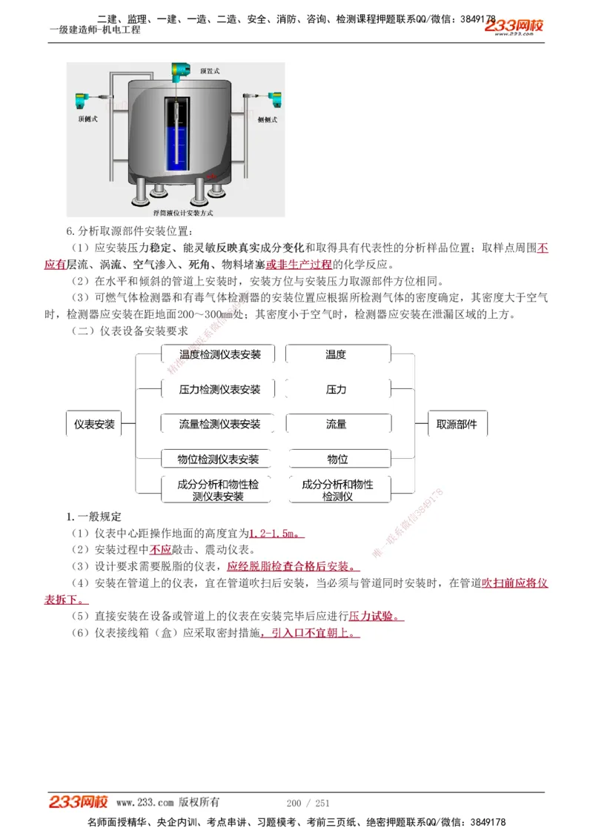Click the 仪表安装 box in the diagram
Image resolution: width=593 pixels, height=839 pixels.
pyautogui.click(x=94, y=425)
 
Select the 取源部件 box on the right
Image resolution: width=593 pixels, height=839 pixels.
pyautogui.click(x=457, y=425)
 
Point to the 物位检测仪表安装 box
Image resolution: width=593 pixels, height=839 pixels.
pyautogui.click(x=218, y=460)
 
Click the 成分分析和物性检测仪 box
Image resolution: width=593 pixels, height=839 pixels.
pyautogui.click(x=337, y=490)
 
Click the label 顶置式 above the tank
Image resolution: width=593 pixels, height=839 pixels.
pyautogui.click(x=210, y=71)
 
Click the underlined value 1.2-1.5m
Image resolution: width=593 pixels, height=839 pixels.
pyautogui.click(x=274, y=534)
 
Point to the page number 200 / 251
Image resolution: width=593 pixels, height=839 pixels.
pyautogui.click(x=308, y=803)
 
